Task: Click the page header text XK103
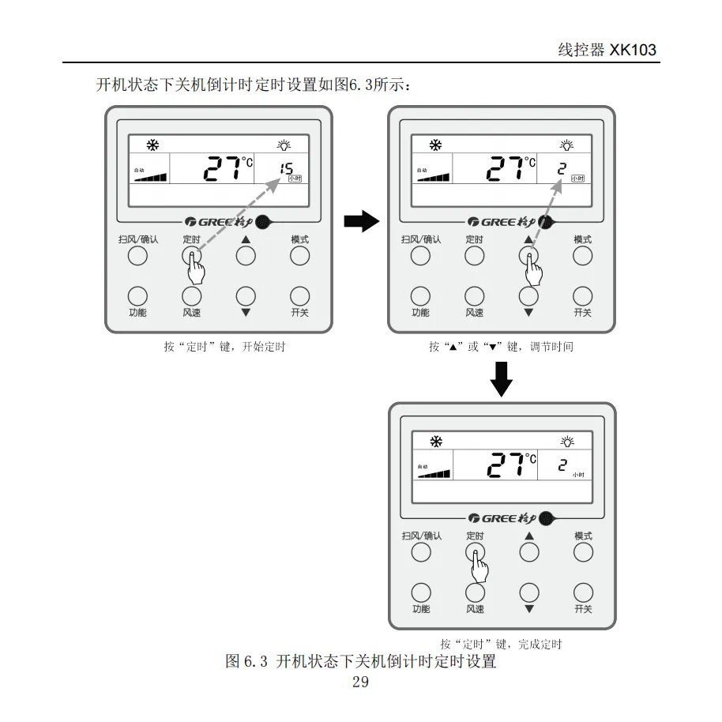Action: point(632,50)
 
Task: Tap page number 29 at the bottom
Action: point(360,682)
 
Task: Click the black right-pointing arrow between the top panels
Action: point(362,222)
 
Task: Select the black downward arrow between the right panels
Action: point(502,379)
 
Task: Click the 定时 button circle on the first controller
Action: point(191,255)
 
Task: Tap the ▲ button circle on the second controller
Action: point(528,255)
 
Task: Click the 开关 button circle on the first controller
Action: point(299,295)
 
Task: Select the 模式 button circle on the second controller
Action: point(582,255)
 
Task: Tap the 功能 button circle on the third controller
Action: point(421,592)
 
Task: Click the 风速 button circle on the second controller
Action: point(474,295)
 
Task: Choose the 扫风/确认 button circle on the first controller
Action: point(137,255)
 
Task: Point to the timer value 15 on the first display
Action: point(286,167)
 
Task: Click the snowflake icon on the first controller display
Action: point(152,145)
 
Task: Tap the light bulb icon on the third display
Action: point(567,442)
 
